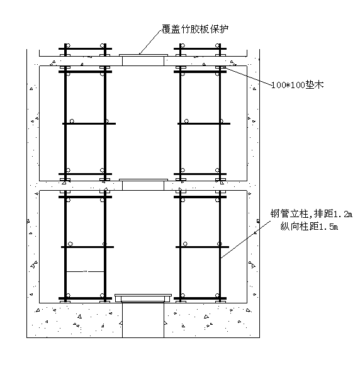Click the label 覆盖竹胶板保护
tap(194, 29)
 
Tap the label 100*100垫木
tap(298, 85)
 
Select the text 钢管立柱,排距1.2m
tap(312, 213)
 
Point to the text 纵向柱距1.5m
tap(309, 227)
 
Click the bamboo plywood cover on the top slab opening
tap(143, 55)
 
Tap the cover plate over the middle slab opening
tap(143, 180)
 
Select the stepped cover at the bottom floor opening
tap(143, 298)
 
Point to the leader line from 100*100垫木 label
tap(247, 75)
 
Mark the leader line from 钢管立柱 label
tap(246, 239)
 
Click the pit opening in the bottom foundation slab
tap(143, 320)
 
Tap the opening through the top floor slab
tap(143, 61)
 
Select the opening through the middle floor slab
tap(143, 186)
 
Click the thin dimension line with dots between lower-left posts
tap(85, 271)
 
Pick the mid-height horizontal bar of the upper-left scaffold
tap(89, 123)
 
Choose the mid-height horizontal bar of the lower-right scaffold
tap(202, 247)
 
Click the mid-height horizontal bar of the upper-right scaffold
tap(204, 123)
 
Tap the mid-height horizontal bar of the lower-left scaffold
tap(87, 247)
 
